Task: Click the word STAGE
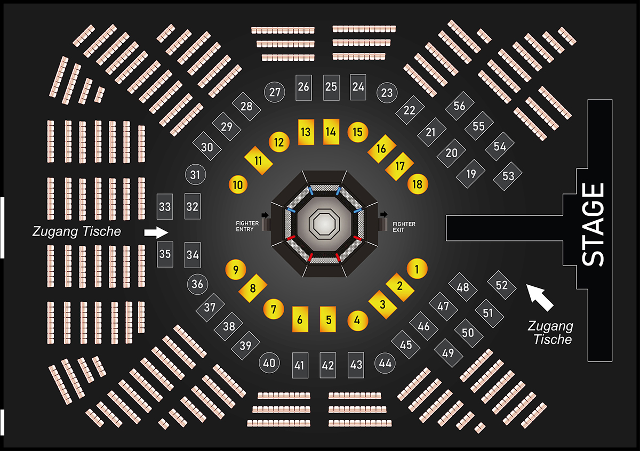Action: pyautogui.click(x=593, y=224)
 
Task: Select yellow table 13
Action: pyautogui.click(x=306, y=132)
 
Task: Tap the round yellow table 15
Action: pyautogui.click(x=357, y=132)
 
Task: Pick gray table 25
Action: pyautogui.click(x=331, y=87)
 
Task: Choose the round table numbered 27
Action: pyautogui.click(x=275, y=92)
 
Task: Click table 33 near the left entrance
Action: pyautogui.click(x=165, y=206)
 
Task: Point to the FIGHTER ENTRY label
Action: pyautogui.click(x=247, y=226)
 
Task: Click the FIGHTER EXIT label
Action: pyautogui.click(x=404, y=226)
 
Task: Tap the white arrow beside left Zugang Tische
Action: pyautogui.click(x=156, y=232)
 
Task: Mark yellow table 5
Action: pyautogui.click(x=328, y=320)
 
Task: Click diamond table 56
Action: pyautogui.click(x=459, y=106)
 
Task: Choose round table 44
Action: pyautogui.click(x=385, y=364)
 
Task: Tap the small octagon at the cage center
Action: pyautogui.click(x=325, y=221)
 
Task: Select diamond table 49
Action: pyautogui.click(x=448, y=352)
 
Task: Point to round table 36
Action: pyautogui.click(x=197, y=284)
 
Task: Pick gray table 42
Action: pyautogui.click(x=328, y=366)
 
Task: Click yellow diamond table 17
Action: pyautogui.click(x=400, y=166)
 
